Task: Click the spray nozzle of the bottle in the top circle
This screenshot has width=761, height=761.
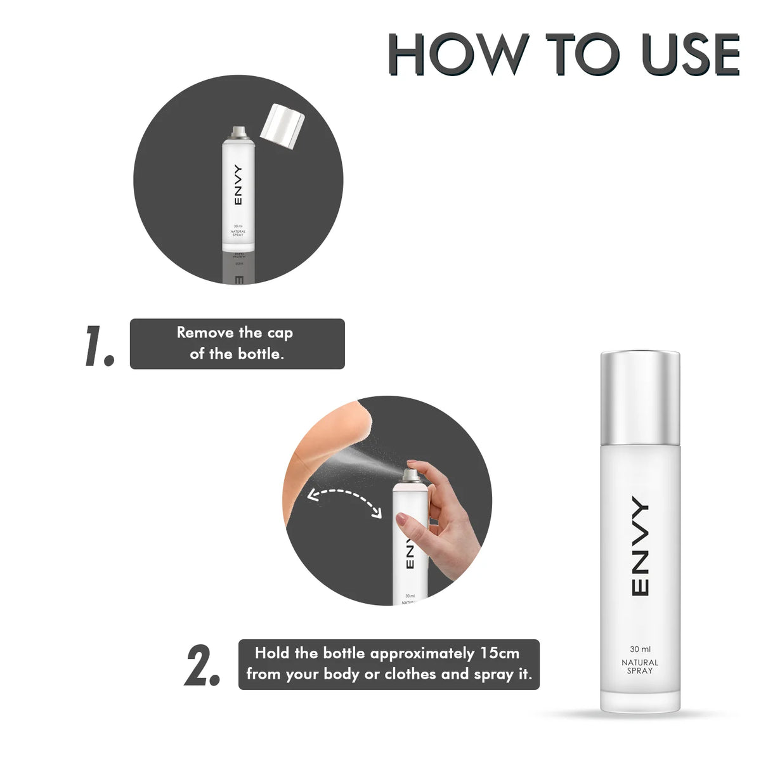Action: [238, 132]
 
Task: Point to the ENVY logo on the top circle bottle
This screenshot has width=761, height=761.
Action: [238, 185]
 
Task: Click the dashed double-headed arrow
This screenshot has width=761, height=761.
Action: [344, 501]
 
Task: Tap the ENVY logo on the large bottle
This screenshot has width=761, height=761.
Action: [640, 547]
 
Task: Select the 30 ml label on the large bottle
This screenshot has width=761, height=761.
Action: [640, 649]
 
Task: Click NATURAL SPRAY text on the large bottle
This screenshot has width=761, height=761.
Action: [640, 667]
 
